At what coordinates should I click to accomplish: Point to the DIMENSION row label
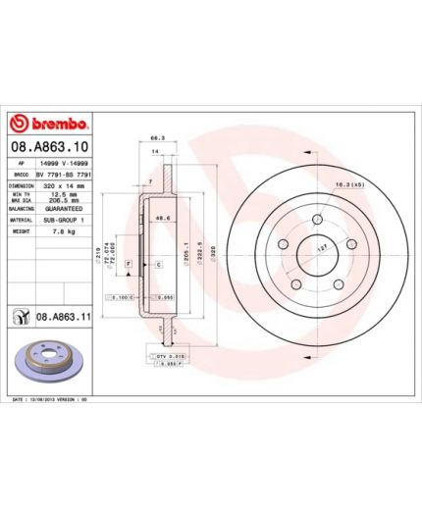click(23, 183)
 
